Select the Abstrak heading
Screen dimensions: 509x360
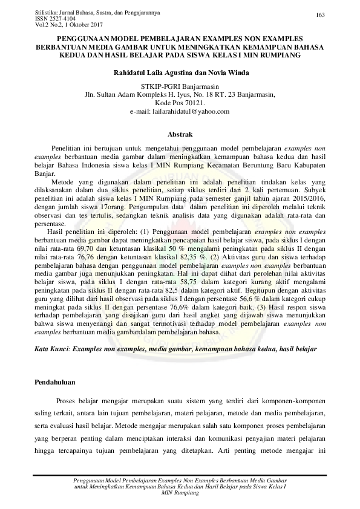(180, 133)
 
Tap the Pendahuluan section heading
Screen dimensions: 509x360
(54, 383)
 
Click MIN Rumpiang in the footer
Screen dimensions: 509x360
(180, 493)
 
